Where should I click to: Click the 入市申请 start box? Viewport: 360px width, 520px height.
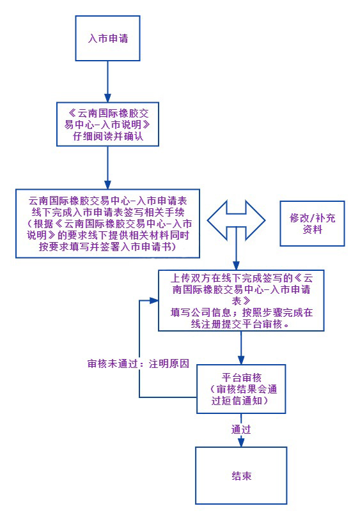[x=107, y=38]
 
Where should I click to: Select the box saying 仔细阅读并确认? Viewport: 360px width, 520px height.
[x=107, y=137]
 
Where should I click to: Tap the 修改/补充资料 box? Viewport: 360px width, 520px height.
[x=312, y=223]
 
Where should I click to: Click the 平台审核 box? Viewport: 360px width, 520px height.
[x=240, y=389]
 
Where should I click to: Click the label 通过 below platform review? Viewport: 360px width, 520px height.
[x=241, y=430]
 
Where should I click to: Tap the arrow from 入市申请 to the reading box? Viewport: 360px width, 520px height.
[x=107, y=77]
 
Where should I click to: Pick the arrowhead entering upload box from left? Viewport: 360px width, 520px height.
[x=154, y=300]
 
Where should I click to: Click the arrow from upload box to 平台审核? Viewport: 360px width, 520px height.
[x=240, y=348]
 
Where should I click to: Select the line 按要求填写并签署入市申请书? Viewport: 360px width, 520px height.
[x=107, y=247]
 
